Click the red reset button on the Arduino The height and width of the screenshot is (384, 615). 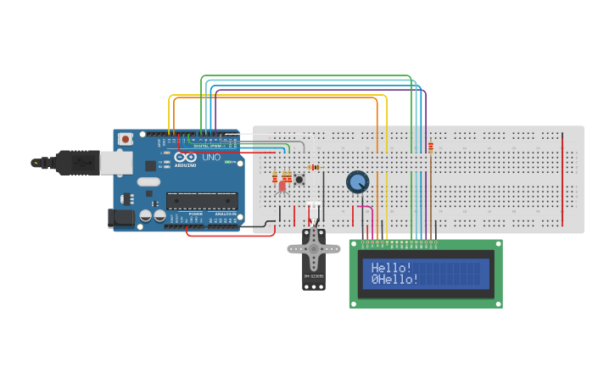point(126,138)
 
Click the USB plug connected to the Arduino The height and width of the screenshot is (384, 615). point(81,162)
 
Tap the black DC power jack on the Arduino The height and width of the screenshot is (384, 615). point(122,218)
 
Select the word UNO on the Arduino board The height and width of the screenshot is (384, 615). point(210,158)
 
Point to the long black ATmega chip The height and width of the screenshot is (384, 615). point(202,201)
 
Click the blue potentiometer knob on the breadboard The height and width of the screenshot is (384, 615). point(358,181)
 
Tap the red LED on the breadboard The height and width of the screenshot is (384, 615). point(282,186)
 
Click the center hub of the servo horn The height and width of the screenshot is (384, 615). point(314,248)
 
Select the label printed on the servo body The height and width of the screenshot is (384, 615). point(314,275)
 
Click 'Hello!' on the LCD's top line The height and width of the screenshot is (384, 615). point(391,268)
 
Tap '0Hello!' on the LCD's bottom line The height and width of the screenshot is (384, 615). point(394,279)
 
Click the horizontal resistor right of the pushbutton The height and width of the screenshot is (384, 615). point(314,167)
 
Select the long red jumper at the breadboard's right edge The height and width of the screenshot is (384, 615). point(562,178)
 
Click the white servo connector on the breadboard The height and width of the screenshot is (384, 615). point(314,206)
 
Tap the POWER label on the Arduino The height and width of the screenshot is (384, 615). point(196,214)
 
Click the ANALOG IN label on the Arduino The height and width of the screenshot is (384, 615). point(224,214)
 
